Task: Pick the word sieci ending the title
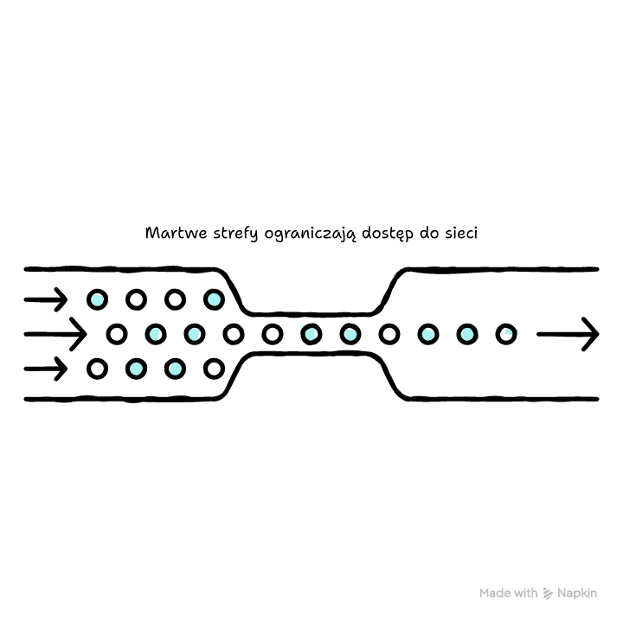point(461,234)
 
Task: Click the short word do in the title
point(429,234)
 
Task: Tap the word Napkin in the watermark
point(577,594)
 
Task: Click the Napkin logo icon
point(548,594)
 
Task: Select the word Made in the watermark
point(492,594)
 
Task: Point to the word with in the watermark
point(523,594)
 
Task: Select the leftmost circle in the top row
point(97,299)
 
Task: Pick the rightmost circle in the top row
point(215,299)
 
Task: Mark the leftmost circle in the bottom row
point(97,369)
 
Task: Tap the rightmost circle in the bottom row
point(215,369)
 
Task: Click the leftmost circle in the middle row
point(117,334)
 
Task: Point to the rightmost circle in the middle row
point(506,334)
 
